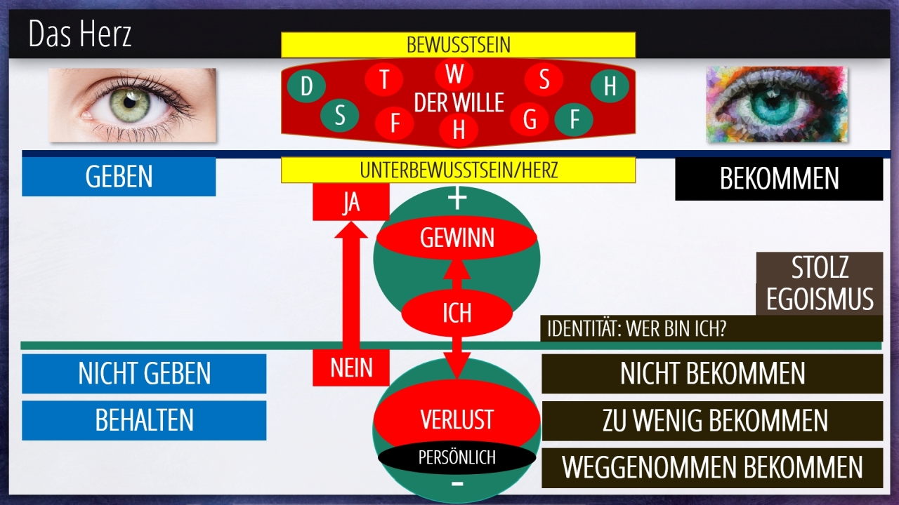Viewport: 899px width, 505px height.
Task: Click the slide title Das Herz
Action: pyautogui.click(x=80, y=34)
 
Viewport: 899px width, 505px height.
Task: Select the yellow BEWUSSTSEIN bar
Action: pyautogui.click(x=458, y=45)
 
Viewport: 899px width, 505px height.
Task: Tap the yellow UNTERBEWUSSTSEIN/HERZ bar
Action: pyautogui.click(x=458, y=170)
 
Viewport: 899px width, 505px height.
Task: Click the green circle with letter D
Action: pyautogui.click(x=306, y=87)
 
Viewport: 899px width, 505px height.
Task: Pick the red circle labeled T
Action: pyautogui.click(x=384, y=79)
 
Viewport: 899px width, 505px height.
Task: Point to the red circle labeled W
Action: pyautogui.click(x=454, y=73)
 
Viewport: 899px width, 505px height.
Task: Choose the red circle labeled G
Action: pyautogui.click(x=530, y=120)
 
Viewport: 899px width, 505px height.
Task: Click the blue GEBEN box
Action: pyautogui.click(x=119, y=177)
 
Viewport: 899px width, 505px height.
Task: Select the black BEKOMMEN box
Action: pyautogui.click(x=778, y=179)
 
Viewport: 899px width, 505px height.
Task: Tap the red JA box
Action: pyautogui.click(x=350, y=203)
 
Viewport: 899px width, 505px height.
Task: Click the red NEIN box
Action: pyautogui.click(x=350, y=367)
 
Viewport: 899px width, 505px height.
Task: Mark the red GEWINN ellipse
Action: pyautogui.click(x=457, y=238)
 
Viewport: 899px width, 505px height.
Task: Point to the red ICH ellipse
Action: pyautogui.click(x=457, y=312)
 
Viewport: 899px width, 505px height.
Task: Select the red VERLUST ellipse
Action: pyautogui.click(x=457, y=419)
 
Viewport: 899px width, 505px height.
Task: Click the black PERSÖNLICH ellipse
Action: pyautogui.click(x=457, y=458)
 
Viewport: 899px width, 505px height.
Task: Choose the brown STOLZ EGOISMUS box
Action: pyautogui.click(x=819, y=283)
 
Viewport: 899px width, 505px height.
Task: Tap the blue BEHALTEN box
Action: pyautogui.click(x=144, y=420)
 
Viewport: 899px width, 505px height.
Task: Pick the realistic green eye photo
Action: pyautogui.click(x=133, y=105)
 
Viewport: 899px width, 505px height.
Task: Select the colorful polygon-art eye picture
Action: pyautogui.click(x=776, y=105)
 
